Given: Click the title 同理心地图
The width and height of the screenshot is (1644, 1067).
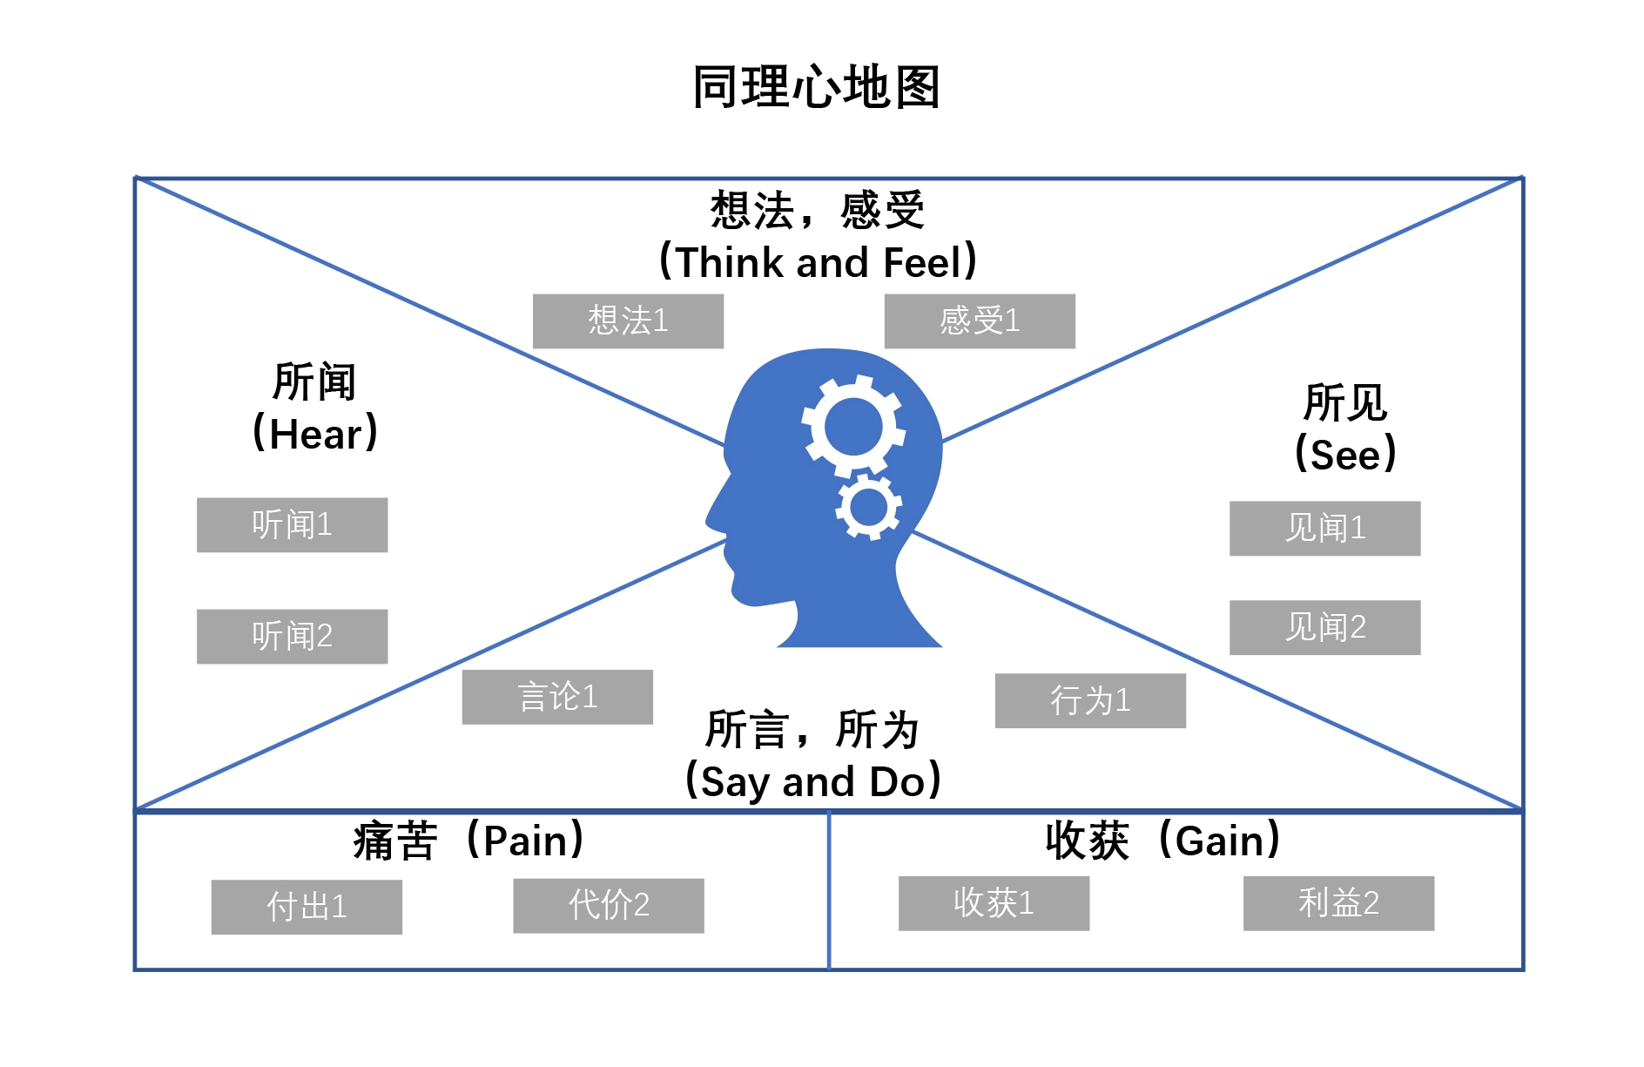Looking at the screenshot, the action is click(816, 87).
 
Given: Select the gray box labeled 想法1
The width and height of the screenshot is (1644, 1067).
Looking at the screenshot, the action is click(628, 321).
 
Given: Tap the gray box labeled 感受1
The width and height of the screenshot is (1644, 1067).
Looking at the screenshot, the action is click(980, 321).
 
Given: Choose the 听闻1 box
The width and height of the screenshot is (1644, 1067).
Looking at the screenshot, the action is click(292, 525).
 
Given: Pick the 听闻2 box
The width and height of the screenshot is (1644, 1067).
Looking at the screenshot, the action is click(292, 637).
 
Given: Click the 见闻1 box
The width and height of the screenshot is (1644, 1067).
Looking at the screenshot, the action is click(1324, 529).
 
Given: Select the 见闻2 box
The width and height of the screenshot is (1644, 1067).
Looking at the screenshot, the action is click(1324, 627).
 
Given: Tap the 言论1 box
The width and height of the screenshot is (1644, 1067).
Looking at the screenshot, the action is click(557, 697).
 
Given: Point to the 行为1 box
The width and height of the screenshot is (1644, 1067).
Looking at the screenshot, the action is click(1090, 700).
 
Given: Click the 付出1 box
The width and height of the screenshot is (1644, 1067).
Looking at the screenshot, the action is click(307, 907).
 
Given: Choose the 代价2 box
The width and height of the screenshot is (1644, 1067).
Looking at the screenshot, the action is click(609, 906).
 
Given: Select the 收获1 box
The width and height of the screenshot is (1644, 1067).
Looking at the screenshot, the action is click(994, 903).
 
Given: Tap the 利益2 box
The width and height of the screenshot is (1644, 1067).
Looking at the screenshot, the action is click(1338, 903).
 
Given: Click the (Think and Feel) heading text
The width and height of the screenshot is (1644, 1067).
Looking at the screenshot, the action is click(818, 262).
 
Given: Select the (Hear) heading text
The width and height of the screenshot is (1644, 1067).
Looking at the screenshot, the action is click(314, 434).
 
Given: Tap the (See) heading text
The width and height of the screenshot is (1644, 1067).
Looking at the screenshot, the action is click(1345, 455).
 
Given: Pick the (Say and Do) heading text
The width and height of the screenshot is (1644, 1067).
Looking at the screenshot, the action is click(813, 781).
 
